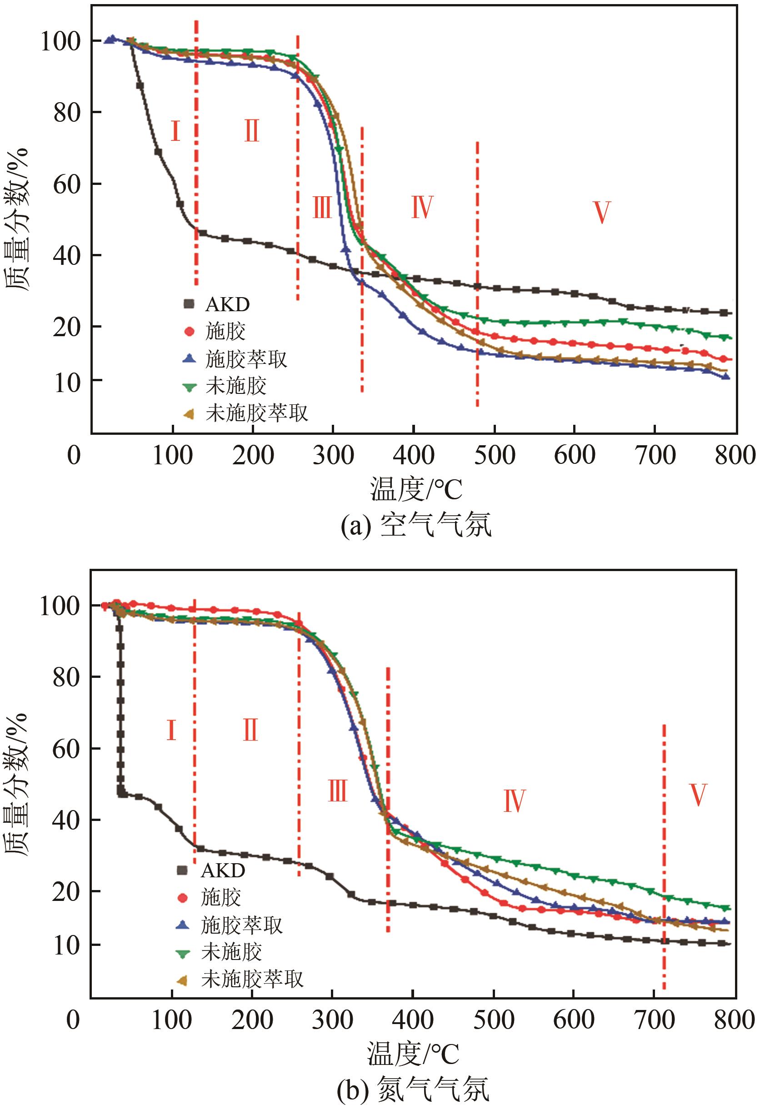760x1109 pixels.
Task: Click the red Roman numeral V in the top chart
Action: click(601, 212)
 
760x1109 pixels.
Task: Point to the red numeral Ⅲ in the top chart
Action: click(322, 208)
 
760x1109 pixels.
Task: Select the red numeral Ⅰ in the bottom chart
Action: click(171, 731)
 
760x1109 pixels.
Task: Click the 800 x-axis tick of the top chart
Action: click(735, 455)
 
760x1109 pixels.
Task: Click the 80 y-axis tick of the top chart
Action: click(65, 112)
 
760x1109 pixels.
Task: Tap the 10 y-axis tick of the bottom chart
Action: click(65, 945)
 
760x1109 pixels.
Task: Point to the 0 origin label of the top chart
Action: click(74, 455)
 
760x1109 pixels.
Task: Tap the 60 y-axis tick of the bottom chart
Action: click(65, 749)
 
